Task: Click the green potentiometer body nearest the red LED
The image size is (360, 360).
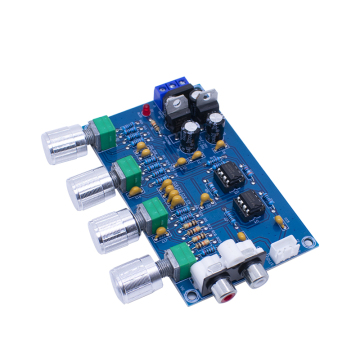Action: [100, 130]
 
